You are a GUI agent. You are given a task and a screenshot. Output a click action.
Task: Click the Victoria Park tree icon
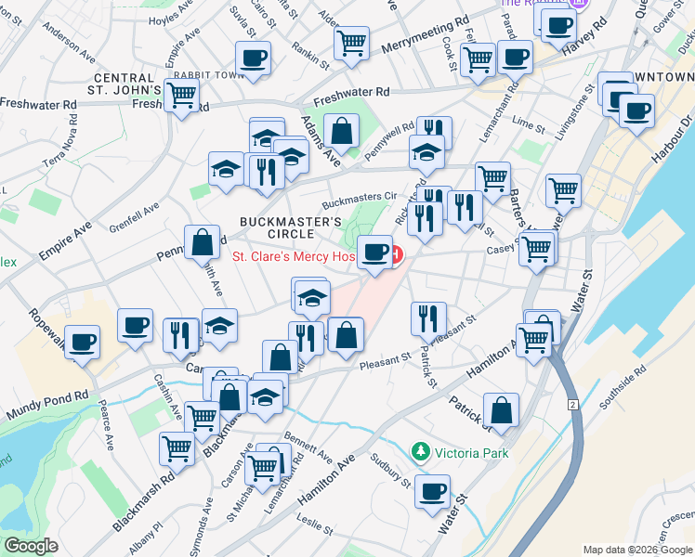pos(421,452)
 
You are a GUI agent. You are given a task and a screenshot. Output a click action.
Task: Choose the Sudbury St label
pos(391,472)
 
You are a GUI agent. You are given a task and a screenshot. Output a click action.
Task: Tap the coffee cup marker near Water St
pos(432,489)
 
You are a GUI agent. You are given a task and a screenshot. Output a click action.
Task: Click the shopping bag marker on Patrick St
pos(501,409)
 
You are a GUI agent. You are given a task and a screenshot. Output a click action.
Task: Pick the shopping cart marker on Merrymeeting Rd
pos(351,42)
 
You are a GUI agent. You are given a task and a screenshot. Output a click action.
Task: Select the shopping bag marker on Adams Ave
pos(342,130)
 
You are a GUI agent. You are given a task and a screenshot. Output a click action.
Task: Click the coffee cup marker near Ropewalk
pos(83,340)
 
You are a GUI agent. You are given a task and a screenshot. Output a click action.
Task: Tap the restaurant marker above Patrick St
pos(427,317)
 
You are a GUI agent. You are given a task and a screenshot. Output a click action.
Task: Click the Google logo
pos(32,546)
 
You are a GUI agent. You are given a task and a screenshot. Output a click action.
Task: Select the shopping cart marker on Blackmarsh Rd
pos(177,448)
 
